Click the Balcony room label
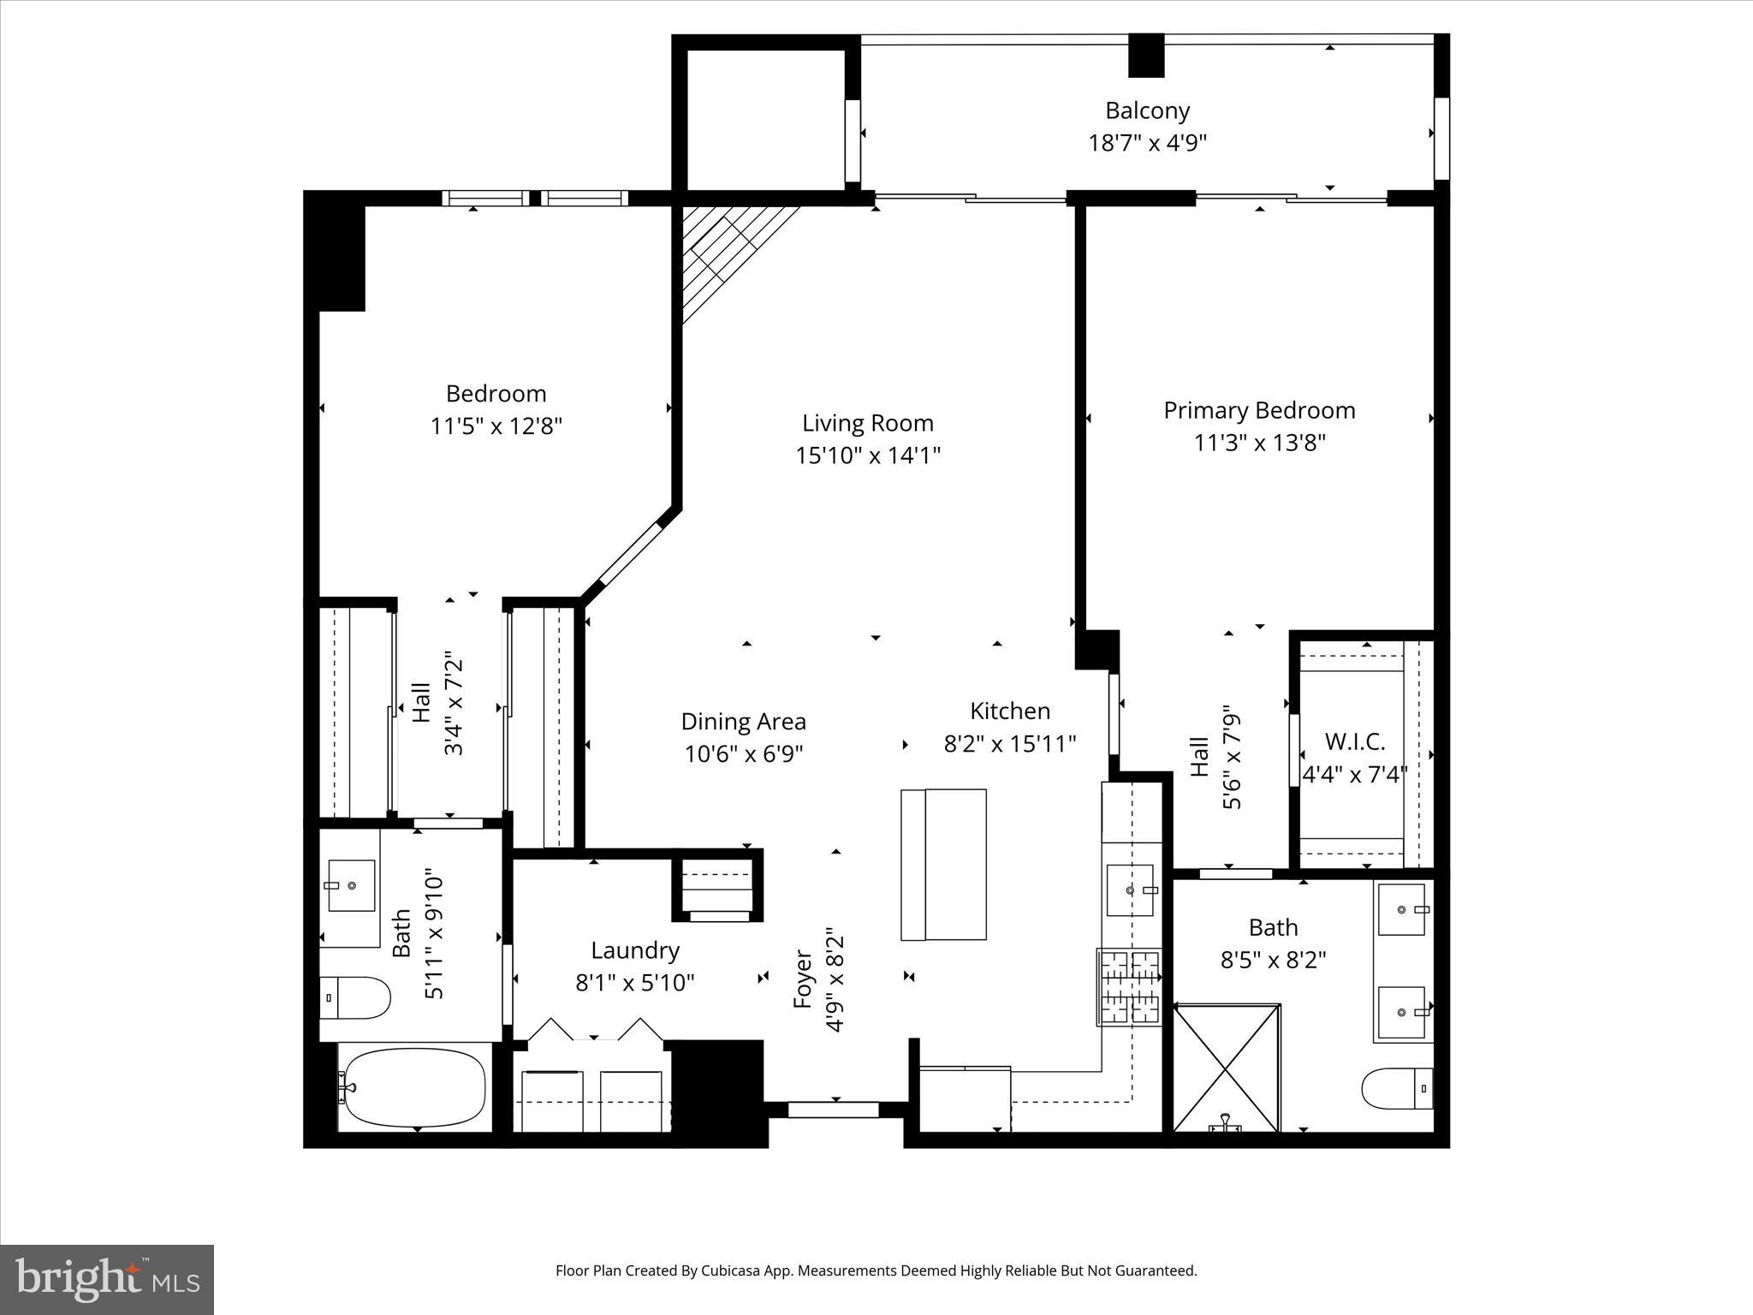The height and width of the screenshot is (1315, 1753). pyautogui.click(x=1147, y=110)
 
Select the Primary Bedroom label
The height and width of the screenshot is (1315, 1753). pyautogui.click(x=1259, y=411)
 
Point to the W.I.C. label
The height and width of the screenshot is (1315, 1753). pyautogui.click(x=1354, y=741)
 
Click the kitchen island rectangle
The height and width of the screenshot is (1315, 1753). pyautogui.click(x=943, y=865)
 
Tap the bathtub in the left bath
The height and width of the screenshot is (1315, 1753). pyautogui.click(x=413, y=1087)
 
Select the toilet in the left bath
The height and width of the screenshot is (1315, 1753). pyautogui.click(x=355, y=997)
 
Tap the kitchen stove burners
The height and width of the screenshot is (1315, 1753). pyautogui.click(x=1130, y=987)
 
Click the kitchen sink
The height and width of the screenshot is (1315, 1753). pyautogui.click(x=1131, y=890)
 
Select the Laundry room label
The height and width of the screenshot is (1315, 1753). pyautogui.click(x=635, y=950)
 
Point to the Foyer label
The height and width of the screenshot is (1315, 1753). pyautogui.click(x=802, y=979)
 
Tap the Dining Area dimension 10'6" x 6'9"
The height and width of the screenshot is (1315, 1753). pyautogui.click(x=743, y=754)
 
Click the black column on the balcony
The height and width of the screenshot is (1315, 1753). pyautogui.click(x=1146, y=56)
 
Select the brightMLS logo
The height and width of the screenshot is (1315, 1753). pyautogui.click(x=107, y=1279)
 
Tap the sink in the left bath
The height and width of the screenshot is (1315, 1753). pyautogui.click(x=352, y=885)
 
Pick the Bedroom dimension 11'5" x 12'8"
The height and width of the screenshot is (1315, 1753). pyautogui.click(x=496, y=426)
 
